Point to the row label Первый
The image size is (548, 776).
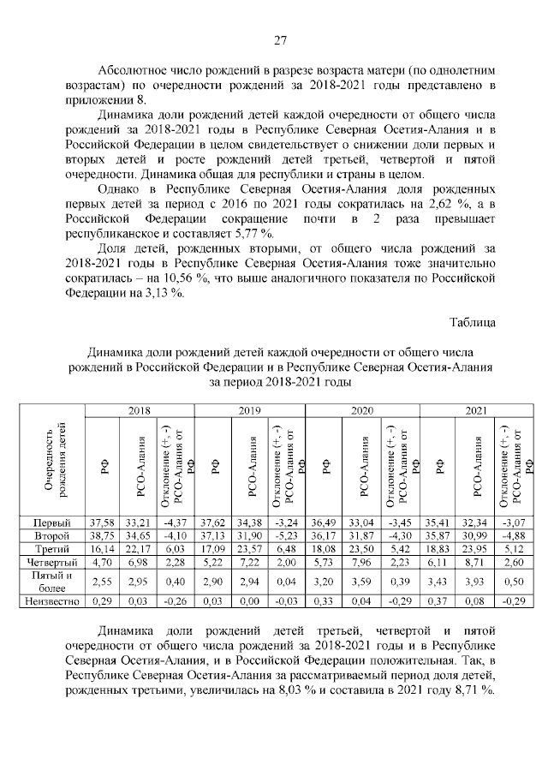(52, 522)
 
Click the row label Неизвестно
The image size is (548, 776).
(52, 603)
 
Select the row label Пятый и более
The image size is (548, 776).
(52, 582)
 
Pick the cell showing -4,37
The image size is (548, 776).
(174, 522)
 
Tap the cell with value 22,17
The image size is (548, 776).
(137, 549)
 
